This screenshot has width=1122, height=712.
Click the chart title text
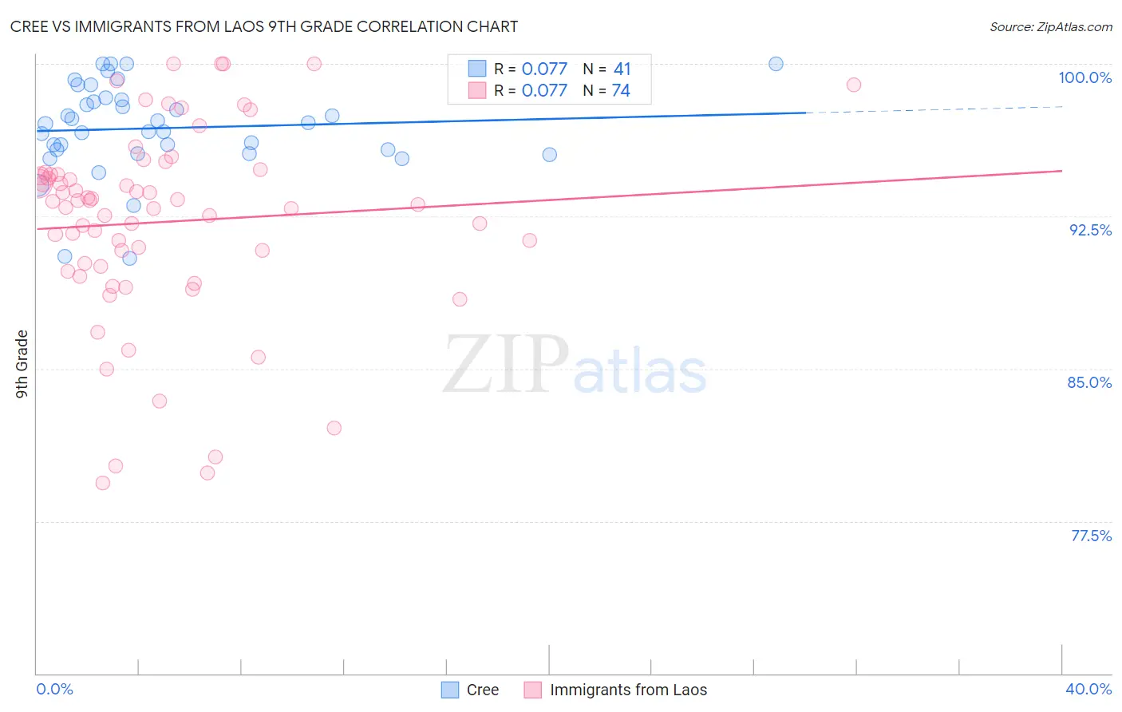(264, 26)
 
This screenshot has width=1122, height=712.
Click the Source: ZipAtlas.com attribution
(1050, 27)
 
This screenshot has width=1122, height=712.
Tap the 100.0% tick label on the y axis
(1084, 77)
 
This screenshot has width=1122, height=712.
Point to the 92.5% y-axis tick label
(1090, 230)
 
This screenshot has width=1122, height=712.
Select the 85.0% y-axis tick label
(1089, 382)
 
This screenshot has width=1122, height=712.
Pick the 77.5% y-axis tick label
(1091, 536)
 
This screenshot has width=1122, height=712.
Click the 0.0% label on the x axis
(54, 689)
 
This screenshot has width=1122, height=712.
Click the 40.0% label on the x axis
(1088, 689)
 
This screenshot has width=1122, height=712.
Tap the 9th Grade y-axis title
(22, 364)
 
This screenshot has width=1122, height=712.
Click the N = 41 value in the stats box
(606, 69)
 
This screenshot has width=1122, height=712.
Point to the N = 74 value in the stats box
(606, 91)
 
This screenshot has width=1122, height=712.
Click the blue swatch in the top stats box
(477, 69)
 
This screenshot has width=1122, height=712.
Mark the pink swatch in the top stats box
(477, 90)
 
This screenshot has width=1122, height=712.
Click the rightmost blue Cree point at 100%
(776, 64)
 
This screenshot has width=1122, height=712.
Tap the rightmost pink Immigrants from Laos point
(854, 85)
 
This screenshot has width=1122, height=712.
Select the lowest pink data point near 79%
(103, 483)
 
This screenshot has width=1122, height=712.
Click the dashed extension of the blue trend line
(934, 109)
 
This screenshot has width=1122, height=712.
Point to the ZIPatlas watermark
(575, 366)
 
